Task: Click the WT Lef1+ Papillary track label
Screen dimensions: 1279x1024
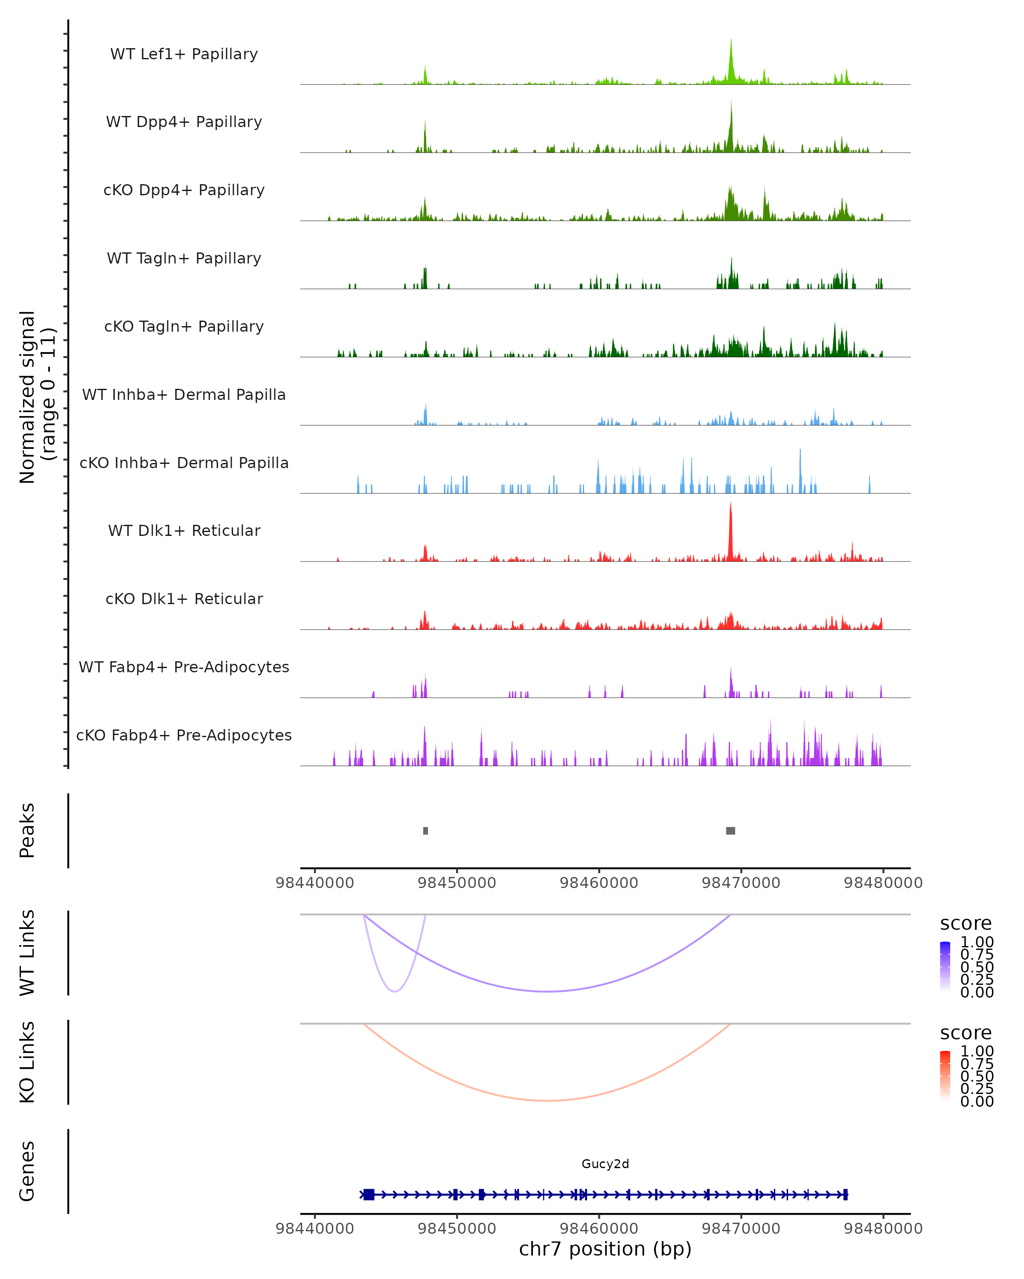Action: click(184, 54)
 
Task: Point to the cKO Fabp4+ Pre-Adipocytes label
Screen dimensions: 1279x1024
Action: click(184, 735)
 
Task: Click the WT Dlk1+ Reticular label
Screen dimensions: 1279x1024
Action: click(184, 530)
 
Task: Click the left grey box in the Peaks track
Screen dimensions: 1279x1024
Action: click(426, 830)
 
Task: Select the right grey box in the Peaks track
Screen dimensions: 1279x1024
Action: click(731, 830)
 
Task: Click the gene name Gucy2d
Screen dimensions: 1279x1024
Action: click(605, 1163)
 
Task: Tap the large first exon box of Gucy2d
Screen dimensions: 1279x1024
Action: click(369, 1194)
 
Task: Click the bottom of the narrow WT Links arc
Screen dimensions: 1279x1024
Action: click(395, 991)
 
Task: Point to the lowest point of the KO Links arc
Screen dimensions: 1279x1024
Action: click(547, 1100)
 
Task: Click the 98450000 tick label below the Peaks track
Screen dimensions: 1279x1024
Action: click(457, 883)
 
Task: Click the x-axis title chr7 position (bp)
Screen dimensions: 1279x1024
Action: click(605, 1249)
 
